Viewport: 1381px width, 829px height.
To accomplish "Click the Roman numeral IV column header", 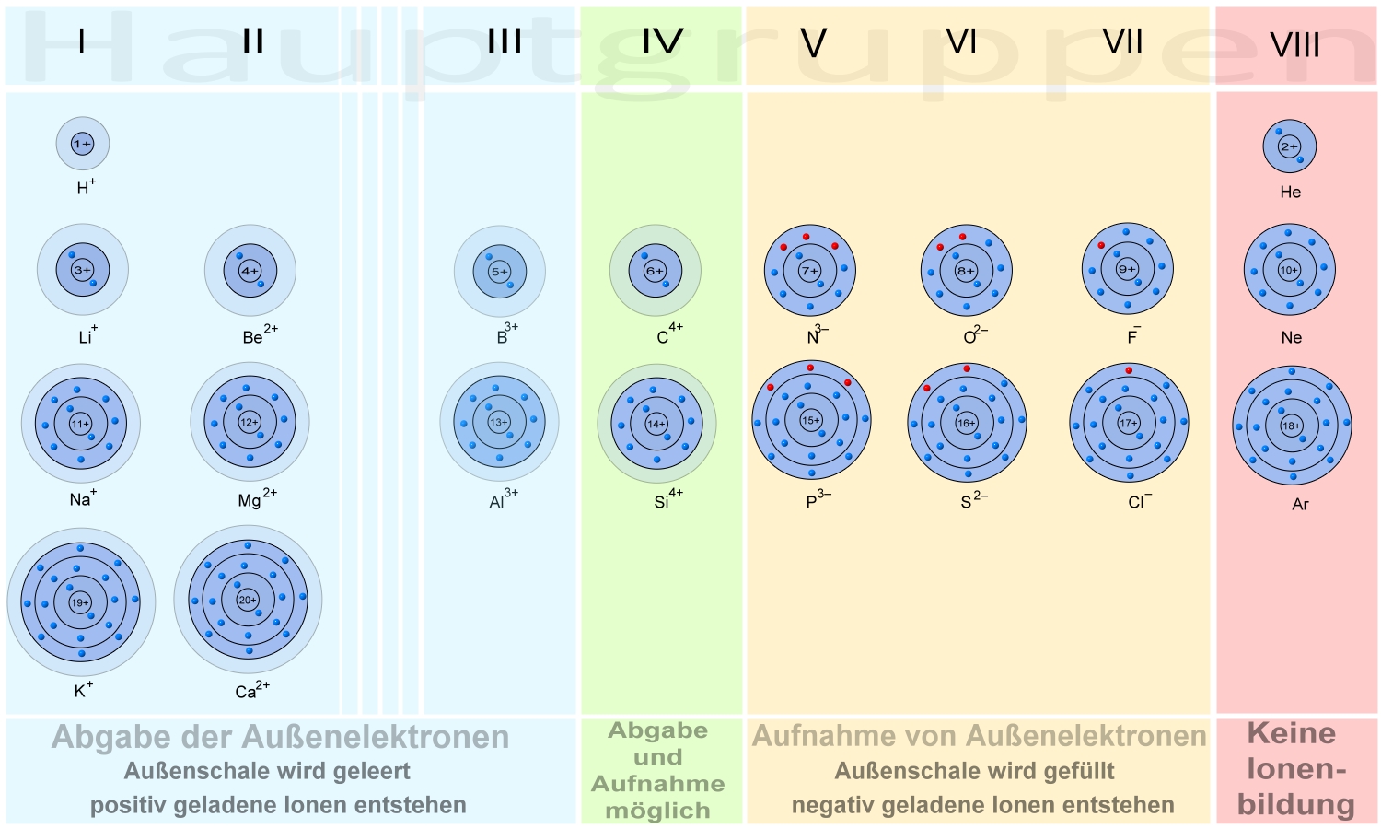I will click(662, 41).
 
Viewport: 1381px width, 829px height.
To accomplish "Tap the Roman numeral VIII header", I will click(1294, 44).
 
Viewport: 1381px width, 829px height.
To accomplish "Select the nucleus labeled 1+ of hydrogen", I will click(83, 144).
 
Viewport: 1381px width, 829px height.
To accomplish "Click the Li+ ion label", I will click(87, 335).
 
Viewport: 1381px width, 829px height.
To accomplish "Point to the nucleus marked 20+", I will click(248, 600).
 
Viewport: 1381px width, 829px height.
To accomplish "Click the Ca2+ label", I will click(251, 690).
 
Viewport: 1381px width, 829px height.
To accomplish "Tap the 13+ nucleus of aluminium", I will click(499, 422).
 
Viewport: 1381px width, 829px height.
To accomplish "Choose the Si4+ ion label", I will click(667, 500).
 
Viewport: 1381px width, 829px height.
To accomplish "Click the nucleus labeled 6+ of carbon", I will click(655, 271).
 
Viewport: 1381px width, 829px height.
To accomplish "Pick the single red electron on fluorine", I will click(1101, 246).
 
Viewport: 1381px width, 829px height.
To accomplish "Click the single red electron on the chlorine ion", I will click(1129, 370).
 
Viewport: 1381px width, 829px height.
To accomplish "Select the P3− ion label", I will click(818, 500).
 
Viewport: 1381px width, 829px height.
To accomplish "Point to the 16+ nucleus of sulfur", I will click(967, 423).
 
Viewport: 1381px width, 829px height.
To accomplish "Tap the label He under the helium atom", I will click(1290, 192).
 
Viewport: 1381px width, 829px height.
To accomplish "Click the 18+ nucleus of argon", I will click(1292, 426).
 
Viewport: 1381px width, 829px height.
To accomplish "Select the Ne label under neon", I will click(1291, 337).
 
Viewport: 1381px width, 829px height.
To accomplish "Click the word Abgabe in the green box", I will click(658, 730).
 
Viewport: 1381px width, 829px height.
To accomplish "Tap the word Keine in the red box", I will click(1291, 733).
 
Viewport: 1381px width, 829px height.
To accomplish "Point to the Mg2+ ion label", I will click(256, 499).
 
